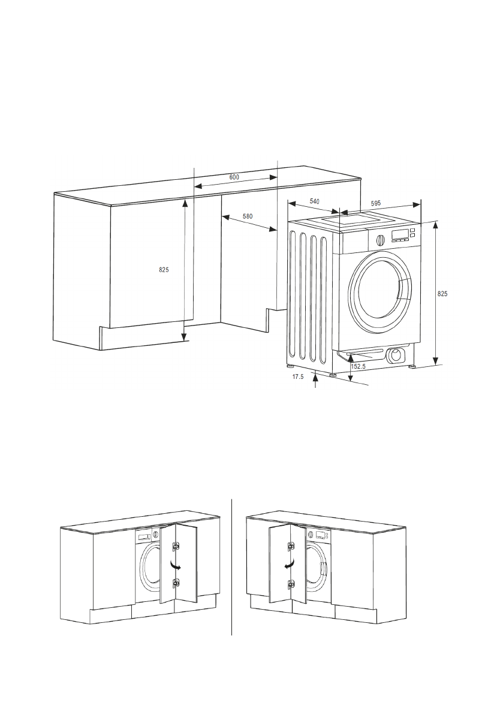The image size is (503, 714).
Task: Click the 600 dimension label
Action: coord(234,177)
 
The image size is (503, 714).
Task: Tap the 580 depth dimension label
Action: coord(247,215)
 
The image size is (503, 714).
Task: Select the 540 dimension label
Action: coord(314,202)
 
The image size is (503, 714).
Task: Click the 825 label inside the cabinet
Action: coord(164,270)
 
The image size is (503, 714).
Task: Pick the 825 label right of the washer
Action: coord(442,294)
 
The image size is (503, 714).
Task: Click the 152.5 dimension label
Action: coord(359,366)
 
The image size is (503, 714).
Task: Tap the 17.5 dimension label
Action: coord(298,377)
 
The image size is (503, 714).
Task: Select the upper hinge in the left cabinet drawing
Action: coord(176,546)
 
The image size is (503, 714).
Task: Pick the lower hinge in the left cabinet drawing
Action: coord(176,582)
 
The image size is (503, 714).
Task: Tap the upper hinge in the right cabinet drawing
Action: coord(291,546)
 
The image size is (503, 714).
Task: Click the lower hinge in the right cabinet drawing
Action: coord(291,583)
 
